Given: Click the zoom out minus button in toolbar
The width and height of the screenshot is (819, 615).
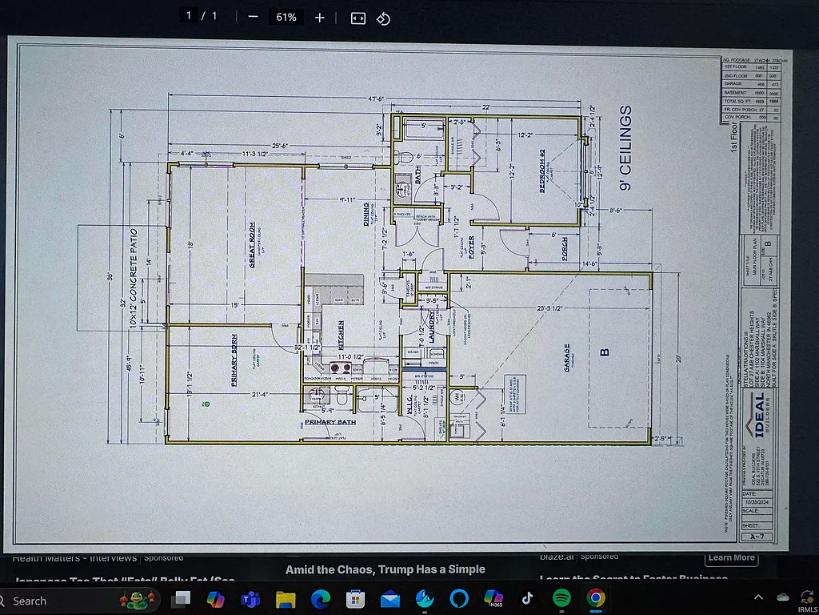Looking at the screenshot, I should click(x=253, y=18).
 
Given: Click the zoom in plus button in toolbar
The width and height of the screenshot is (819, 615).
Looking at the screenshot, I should click(x=320, y=18).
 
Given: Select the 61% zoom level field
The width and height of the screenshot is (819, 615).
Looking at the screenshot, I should click(x=286, y=18).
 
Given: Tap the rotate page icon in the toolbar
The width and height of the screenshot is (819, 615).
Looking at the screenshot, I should click(x=383, y=18).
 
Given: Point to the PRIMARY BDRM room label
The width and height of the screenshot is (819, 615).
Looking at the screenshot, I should click(x=235, y=360).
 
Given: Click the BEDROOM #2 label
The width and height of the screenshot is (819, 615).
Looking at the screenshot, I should click(x=541, y=171).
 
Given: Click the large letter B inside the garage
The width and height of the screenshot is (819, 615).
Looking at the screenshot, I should click(x=605, y=351).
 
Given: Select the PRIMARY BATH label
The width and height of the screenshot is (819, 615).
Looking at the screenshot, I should click(x=330, y=421).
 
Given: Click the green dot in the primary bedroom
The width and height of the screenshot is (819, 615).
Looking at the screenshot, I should click(x=207, y=404).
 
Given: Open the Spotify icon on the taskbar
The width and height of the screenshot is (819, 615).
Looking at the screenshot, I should click(x=561, y=598).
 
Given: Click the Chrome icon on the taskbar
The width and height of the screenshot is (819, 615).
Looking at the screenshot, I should click(x=595, y=598).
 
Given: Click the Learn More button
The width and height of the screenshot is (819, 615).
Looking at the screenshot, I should click(x=731, y=557).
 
